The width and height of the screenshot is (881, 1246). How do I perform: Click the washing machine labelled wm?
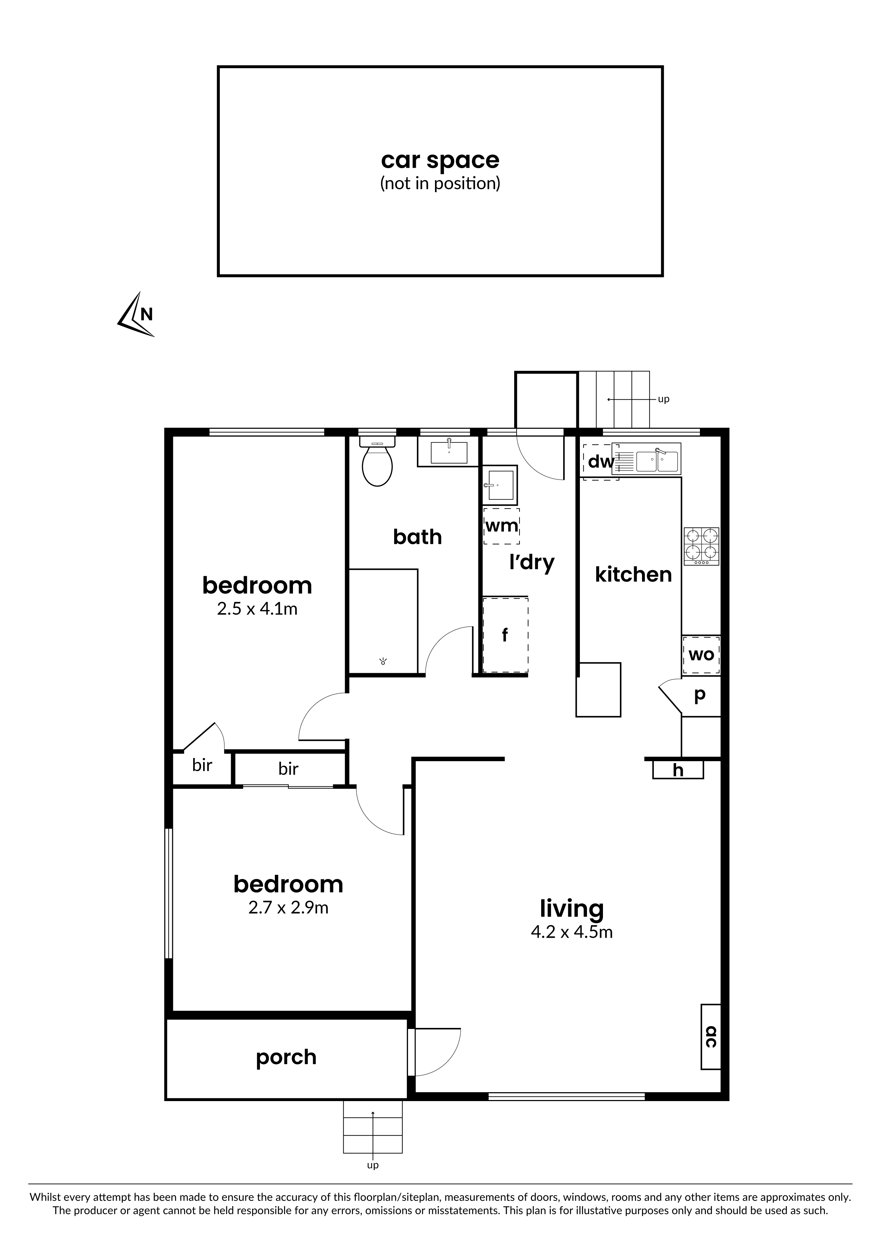pos(502,526)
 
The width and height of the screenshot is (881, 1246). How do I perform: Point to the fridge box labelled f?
pos(505,635)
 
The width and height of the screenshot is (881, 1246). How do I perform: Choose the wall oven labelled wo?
pos(701,655)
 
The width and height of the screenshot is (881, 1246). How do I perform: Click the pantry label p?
pos(700,695)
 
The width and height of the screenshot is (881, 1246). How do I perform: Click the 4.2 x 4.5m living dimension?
pos(572,932)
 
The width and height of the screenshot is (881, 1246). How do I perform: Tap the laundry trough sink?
pos(501,484)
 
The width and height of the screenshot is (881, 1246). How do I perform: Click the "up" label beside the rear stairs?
pos(663,400)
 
